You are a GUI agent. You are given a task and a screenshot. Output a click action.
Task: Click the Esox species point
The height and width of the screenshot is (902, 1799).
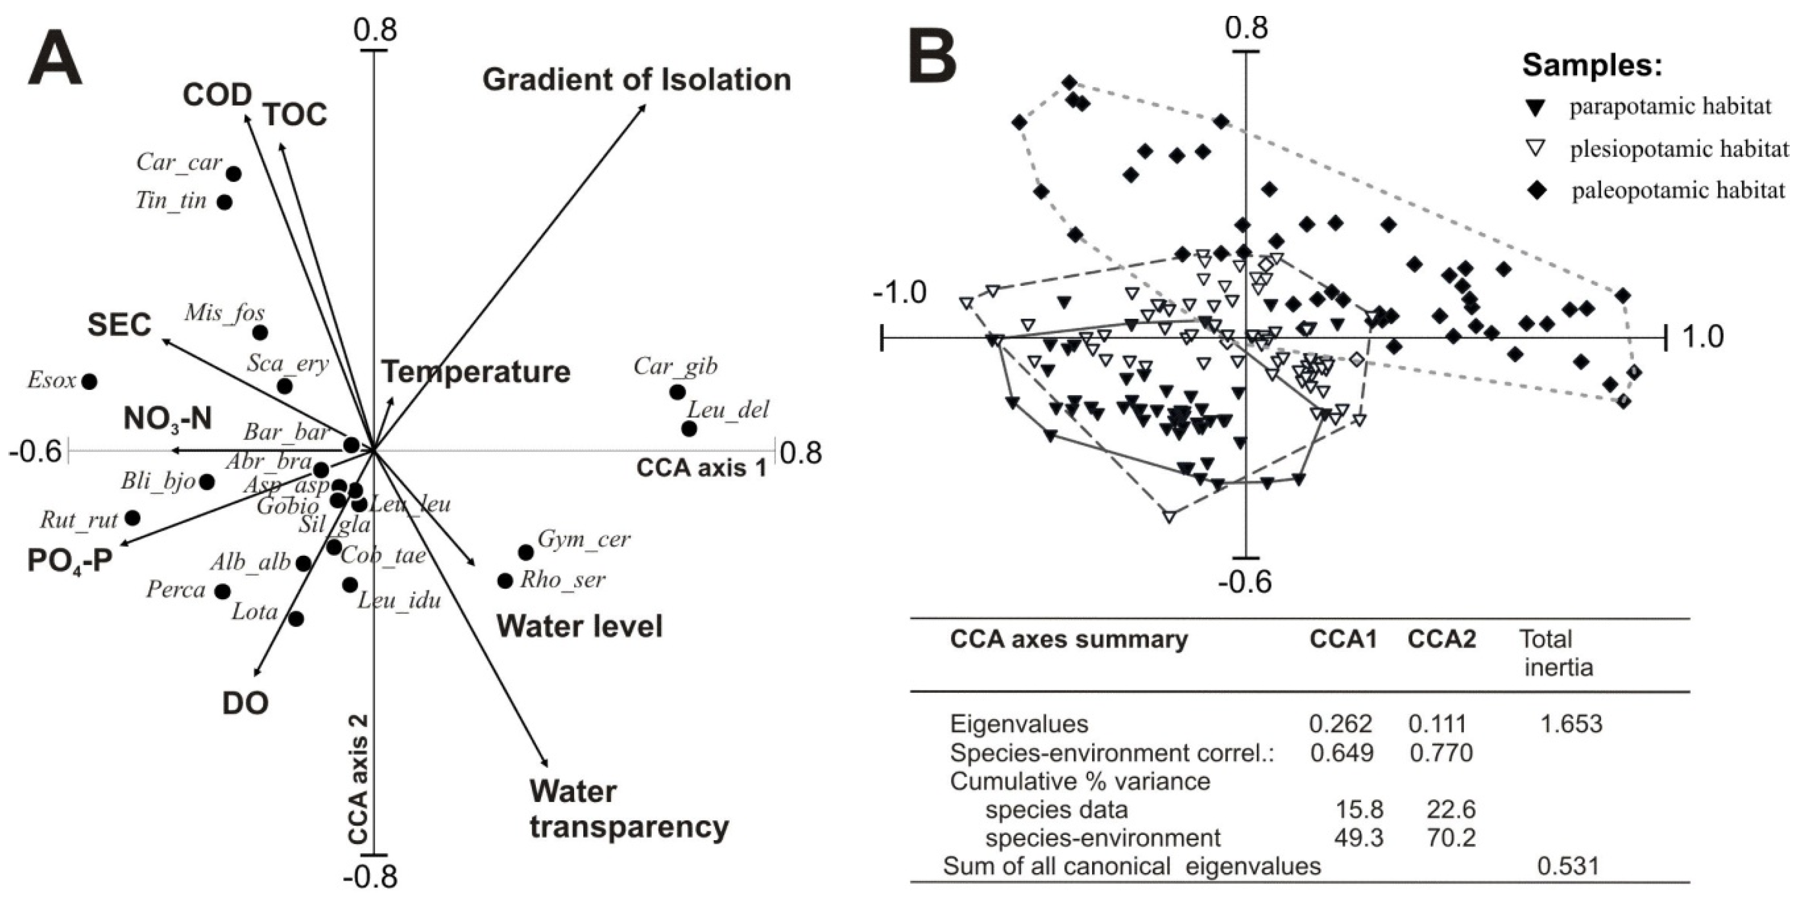tap(89, 381)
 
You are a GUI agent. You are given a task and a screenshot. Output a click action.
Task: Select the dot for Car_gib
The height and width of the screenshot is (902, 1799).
tap(676, 392)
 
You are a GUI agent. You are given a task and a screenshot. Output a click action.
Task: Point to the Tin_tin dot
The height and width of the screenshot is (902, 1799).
tap(225, 202)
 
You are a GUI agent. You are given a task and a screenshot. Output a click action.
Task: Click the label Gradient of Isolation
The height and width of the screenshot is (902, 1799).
tap(636, 80)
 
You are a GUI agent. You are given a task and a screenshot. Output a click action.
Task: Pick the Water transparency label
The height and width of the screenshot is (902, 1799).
tap(629, 809)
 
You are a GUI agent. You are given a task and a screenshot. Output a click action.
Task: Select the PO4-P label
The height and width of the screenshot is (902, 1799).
tap(70, 560)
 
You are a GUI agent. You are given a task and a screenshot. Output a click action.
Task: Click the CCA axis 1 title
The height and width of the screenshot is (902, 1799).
tap(701, 468)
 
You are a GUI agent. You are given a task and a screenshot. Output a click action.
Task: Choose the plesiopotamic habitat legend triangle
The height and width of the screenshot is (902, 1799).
tap(1536, 149)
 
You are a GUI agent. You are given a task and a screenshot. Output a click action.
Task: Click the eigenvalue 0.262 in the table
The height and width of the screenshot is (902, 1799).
tap(1340, 723)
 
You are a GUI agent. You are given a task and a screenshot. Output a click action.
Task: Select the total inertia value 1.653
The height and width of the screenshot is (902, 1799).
tap(1570, 723)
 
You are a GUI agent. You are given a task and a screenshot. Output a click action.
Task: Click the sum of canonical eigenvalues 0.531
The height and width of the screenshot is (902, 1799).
tap(1568, 866)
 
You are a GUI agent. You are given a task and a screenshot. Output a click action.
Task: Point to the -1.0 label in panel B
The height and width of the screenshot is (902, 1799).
tap(900, 293)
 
